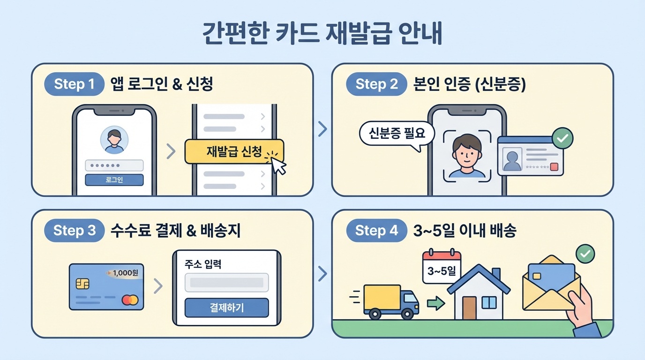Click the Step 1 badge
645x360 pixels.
coord(74,84)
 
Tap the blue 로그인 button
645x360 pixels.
coord(114,180)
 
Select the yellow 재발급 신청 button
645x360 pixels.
coord(234,151)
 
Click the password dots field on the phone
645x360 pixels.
coord(114,165)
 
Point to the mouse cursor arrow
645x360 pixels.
coord(278,166)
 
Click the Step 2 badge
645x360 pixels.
coord(376,84)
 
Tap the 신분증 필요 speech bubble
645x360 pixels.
coord(397,134)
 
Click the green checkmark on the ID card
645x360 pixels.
coord(562,138)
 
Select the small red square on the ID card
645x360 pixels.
coord(555,167)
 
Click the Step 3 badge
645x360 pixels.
coord(74,231)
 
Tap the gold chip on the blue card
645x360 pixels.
coord(82,284)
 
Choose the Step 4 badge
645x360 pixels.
coord(376,231)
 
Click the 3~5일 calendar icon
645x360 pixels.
coord(442,267)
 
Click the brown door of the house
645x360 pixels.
coord(469,308)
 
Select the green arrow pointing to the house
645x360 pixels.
coord(435,304)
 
